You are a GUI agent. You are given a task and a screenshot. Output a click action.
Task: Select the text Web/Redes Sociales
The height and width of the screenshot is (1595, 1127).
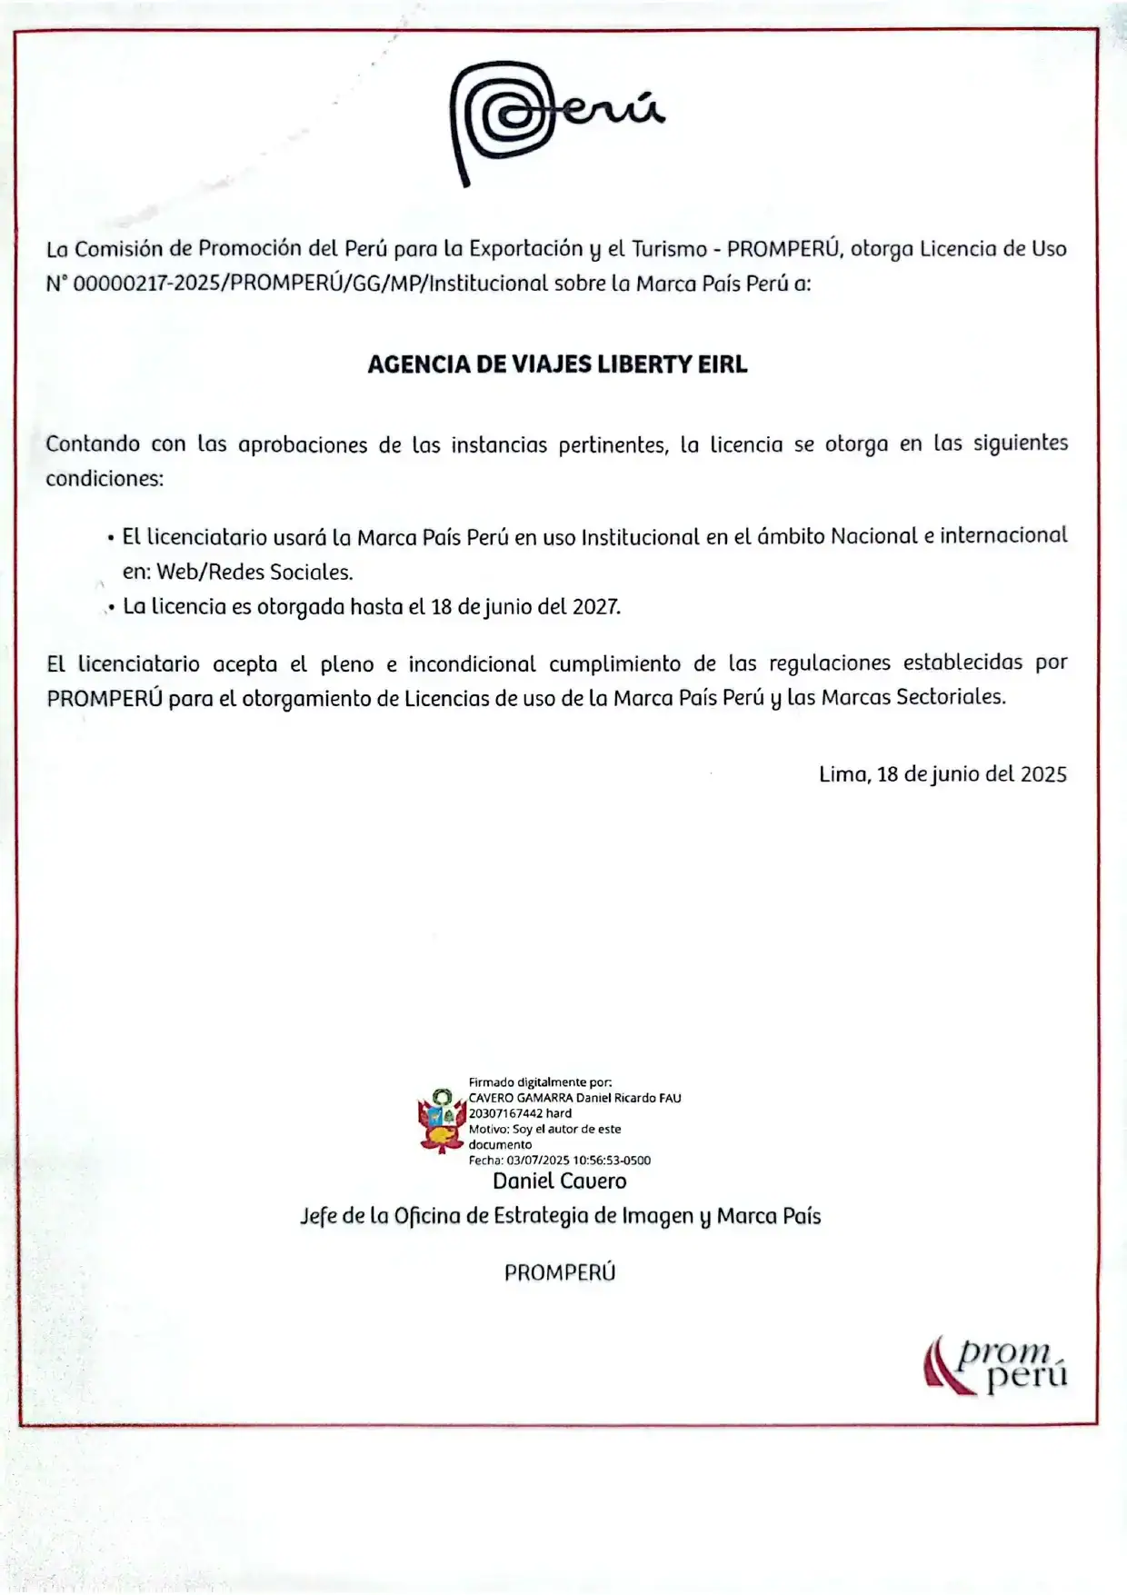(x=254, y=572)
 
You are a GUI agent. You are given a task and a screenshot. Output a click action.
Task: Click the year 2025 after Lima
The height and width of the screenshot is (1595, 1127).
(x=1043, y=774)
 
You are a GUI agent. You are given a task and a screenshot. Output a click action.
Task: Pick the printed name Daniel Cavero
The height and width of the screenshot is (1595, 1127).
(x=559, y=1181)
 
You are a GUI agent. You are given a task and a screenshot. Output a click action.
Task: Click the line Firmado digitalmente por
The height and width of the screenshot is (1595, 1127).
(x=540, y=1082)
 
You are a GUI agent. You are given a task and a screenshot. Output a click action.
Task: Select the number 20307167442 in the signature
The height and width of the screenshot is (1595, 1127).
(x=505, y=1113)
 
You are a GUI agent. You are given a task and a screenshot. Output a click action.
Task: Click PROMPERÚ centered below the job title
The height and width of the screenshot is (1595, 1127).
(x=560, y=1272)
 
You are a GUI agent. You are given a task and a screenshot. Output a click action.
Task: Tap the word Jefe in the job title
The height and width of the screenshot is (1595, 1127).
(x=318, y=1216)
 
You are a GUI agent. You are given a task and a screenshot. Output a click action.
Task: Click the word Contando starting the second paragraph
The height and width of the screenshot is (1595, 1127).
(x=93, y=444)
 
